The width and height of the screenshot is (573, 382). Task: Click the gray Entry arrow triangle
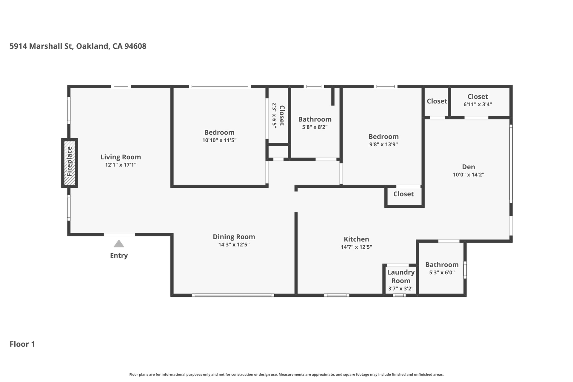(119, 244)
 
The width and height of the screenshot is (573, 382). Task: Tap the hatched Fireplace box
(70, 163)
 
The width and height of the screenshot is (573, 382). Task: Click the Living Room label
(121, 157)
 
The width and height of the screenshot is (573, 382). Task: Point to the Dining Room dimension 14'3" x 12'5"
(234, 245)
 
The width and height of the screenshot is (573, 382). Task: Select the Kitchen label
(356, 239)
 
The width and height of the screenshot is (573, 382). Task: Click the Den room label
(469, 167)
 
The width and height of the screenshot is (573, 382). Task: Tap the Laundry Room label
(401, 276)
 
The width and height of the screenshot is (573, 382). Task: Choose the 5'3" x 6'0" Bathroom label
(442, 265)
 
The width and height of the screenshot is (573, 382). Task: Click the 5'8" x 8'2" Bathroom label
(315, 119)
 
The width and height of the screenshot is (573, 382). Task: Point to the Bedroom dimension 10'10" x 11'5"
(219, 140)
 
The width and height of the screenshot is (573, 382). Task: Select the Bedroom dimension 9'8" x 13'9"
(383, 144)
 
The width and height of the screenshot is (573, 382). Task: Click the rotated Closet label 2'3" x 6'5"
(278, 115)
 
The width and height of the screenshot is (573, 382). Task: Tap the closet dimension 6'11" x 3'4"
(478, 104)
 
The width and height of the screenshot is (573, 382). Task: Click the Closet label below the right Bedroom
(403, 194)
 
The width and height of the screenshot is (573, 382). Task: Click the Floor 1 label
(22, 344)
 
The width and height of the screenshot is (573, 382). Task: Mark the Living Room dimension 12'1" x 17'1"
(121, 165)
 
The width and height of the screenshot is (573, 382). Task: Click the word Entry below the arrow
(119, 256)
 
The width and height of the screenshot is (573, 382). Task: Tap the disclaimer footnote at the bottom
(286, 375)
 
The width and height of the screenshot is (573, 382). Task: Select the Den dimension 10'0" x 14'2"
(469, 175)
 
